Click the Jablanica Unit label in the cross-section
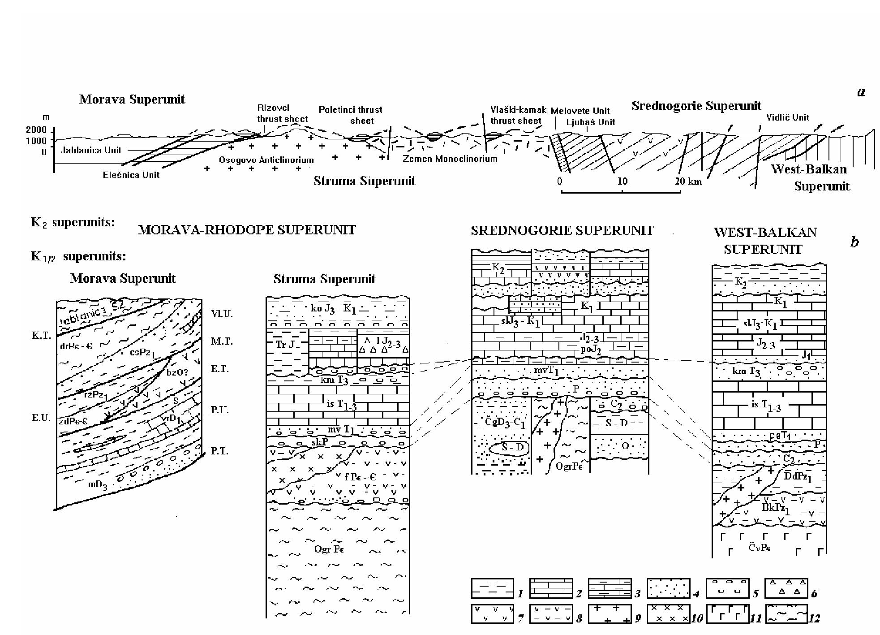pos(91,150)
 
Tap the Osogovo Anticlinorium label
pos(266,160)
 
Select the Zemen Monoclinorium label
pos(450,159)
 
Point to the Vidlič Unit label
pos(787,117)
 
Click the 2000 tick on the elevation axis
pos(36,130)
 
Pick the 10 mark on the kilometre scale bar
pos(622,181)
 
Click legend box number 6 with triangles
pos(786,588)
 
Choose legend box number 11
pos(728,614)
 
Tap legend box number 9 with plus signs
pos(609,614)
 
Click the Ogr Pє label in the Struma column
pos(328,549)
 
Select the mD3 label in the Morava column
pos(97,485)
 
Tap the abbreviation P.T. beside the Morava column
pos(219,451)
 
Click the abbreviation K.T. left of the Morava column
pos(41,336)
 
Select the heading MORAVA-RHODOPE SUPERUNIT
pos(247,230)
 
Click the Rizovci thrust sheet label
pos(282,113)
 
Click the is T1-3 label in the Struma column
pos(342,405)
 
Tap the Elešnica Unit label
pos(131,175)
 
